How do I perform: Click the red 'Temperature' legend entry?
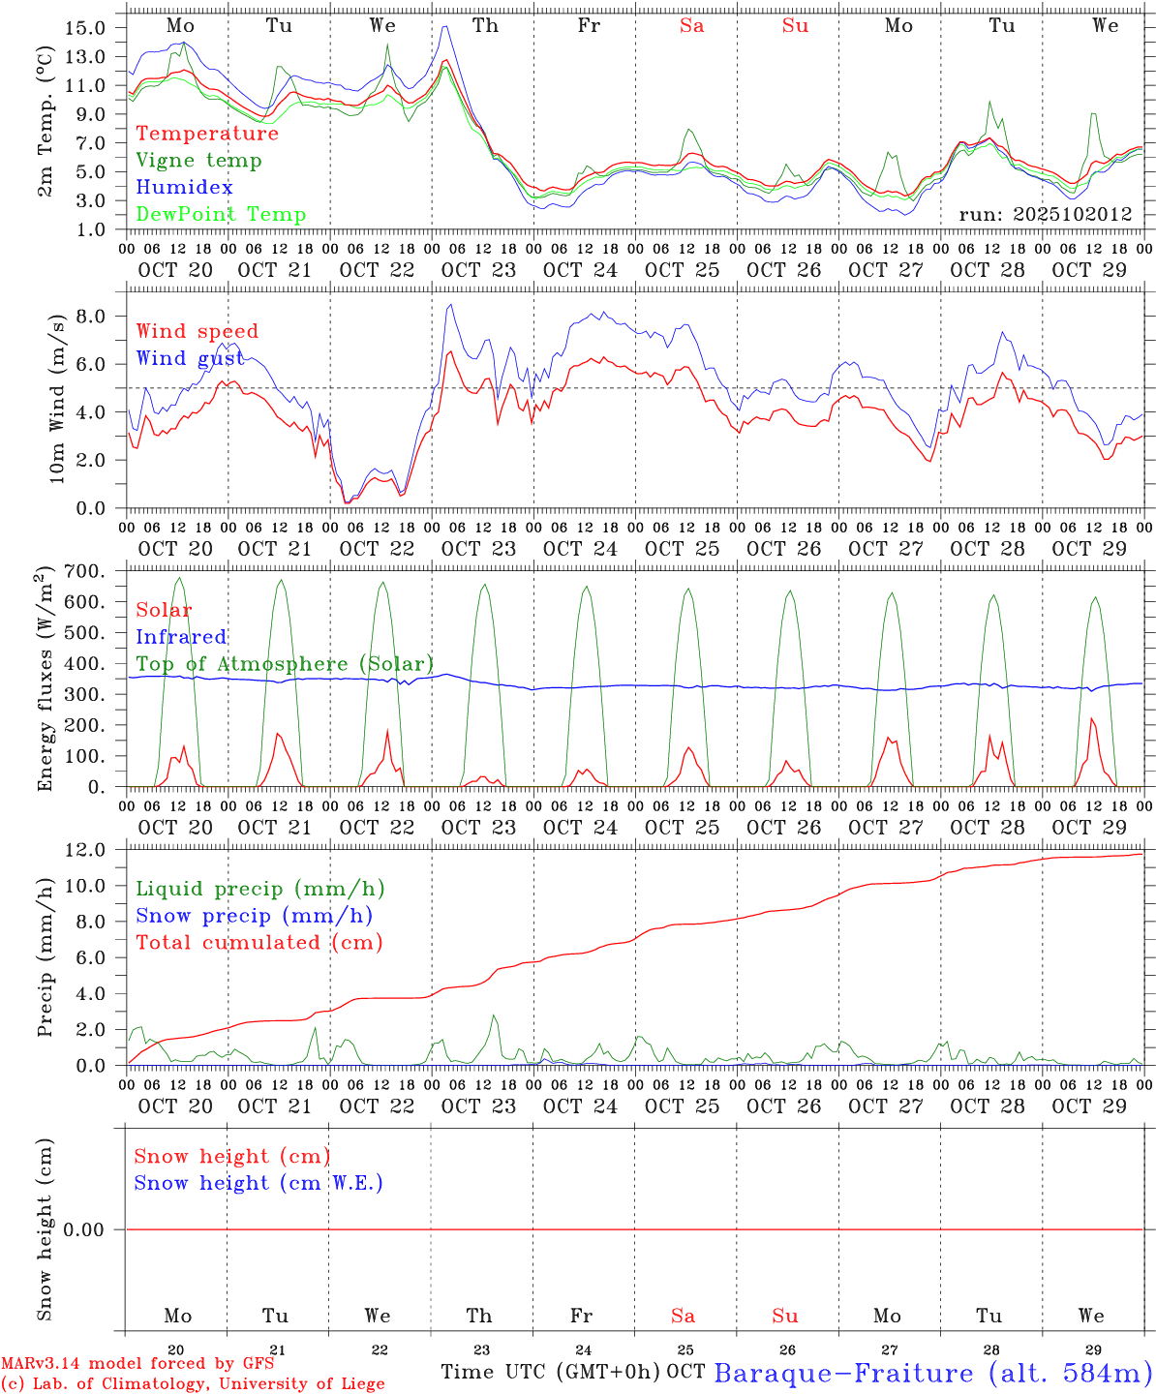coord(207,134)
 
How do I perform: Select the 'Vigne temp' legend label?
coord(198,161)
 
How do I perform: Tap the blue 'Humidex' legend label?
coord(184,187)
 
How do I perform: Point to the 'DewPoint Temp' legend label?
coord(221,214)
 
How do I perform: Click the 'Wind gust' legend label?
coord(190,358)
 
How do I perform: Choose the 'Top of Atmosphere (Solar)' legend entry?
coord(285,664)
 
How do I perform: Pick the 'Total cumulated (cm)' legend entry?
coord(259,942)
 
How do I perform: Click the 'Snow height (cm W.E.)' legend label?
coord(259,1183)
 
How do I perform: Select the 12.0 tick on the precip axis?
coord(85,850)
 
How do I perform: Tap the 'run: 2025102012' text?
coord(1046,215)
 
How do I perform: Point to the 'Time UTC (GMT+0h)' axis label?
coord(551,1372)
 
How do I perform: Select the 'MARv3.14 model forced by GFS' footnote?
coord(138,1363)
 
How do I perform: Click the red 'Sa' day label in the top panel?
coord(691,26)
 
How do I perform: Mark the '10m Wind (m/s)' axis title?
coord(57,398)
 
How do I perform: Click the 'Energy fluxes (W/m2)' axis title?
coord(45,682)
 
